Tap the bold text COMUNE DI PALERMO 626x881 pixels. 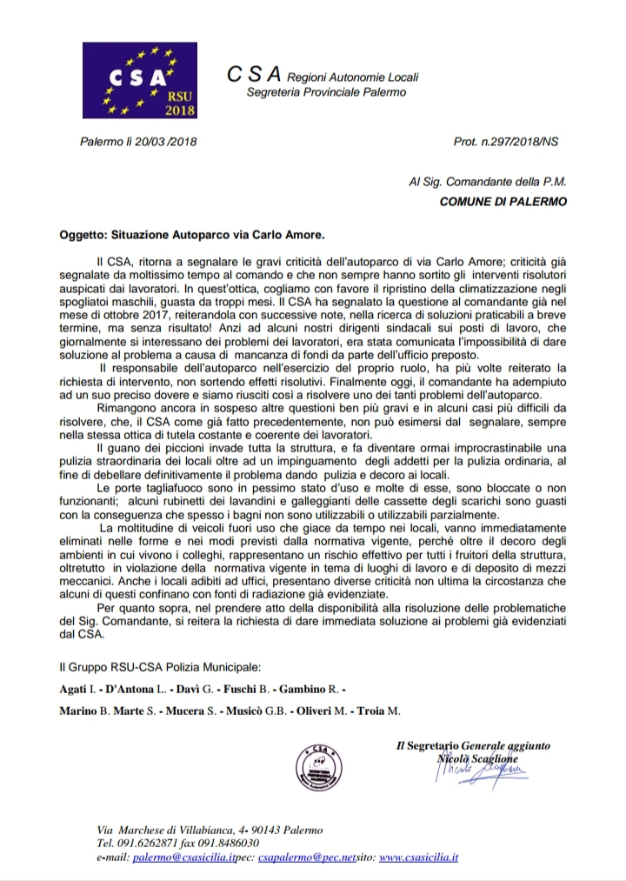coord(503,202)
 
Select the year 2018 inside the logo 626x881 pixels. coord(180,110)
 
